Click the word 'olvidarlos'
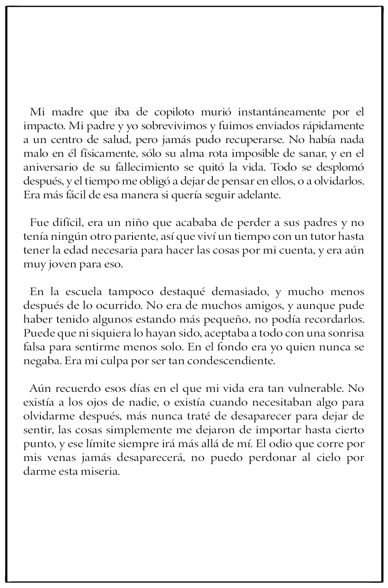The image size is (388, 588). [x=334, y=182]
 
